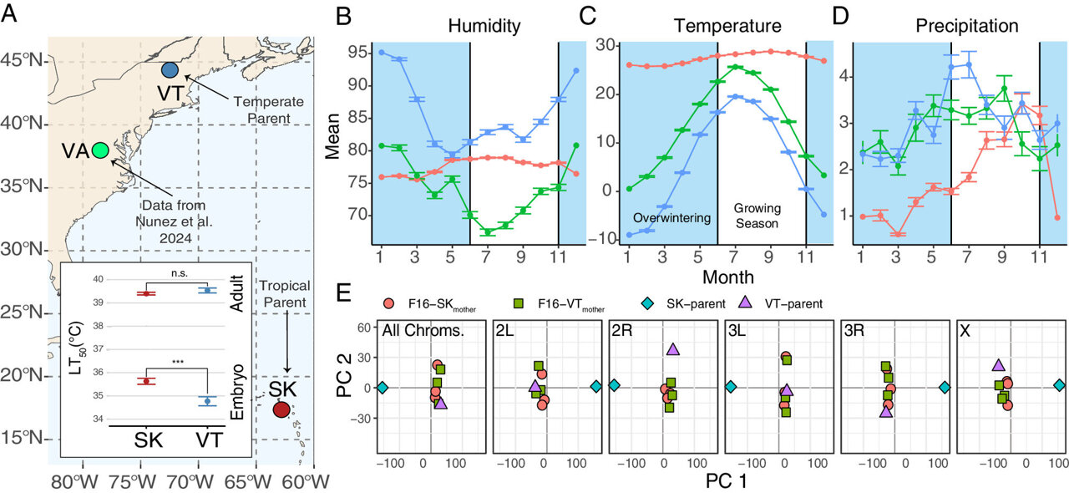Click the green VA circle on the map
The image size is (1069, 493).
point(100,150)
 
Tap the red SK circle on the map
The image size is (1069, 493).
point(282,409)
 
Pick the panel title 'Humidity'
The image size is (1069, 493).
point(484,26)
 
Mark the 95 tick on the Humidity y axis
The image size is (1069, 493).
point(359,53)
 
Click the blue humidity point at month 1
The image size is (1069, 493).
point(382,53)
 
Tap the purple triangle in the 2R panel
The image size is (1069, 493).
point(673,348)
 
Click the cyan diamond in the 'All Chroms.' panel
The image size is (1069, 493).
point(383,387)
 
